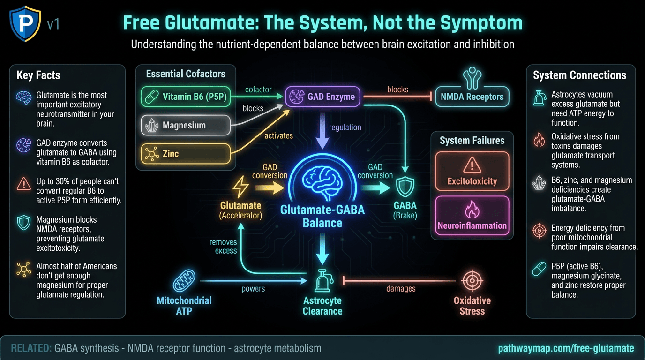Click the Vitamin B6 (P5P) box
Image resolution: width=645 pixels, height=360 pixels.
[x=186, y=97]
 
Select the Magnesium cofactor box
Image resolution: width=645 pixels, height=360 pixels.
[x=186, y=125]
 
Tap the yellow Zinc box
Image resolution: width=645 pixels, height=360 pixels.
[x=186, y=153]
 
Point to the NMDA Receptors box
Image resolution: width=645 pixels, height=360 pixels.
[x=472, y=97]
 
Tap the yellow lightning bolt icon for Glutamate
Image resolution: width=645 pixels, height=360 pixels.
[x=241, y=188]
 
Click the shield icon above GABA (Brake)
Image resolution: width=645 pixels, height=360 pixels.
[x=405, y=187]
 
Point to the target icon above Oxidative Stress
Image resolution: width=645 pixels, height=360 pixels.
[x=472, y=281]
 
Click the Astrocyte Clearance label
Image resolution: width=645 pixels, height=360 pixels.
[x=322, y=306]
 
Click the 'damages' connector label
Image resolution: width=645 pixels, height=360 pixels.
[x=401, y=289]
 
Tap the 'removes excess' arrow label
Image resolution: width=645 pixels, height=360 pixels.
[x=223, y=247]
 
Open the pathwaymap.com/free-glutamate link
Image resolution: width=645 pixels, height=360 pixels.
[x=566, y=348]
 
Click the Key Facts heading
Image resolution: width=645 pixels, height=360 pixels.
[x=38, y=75]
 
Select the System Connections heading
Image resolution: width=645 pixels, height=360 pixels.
[x=579, y=75]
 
